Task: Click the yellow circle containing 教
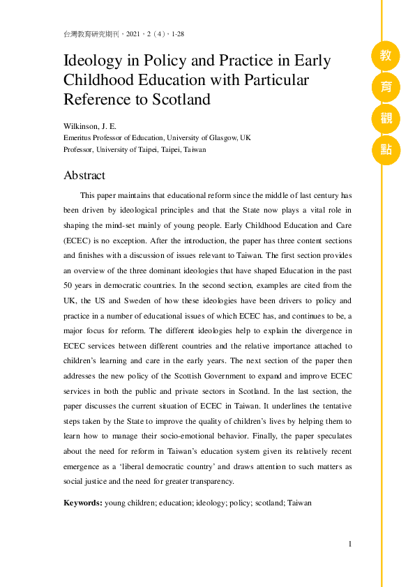[x=386, y=56]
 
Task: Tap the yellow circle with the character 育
[x=386, y=86]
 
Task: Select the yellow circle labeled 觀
[x=386, y=118]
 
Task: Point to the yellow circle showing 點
[x=386, y=149]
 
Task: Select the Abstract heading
[x=84, y=175]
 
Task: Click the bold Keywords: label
[x=83, y=502]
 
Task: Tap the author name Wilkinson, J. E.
[x=89, y=126]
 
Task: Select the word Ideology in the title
[x=92, y=61]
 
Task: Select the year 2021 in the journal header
[x=135, y=34]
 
